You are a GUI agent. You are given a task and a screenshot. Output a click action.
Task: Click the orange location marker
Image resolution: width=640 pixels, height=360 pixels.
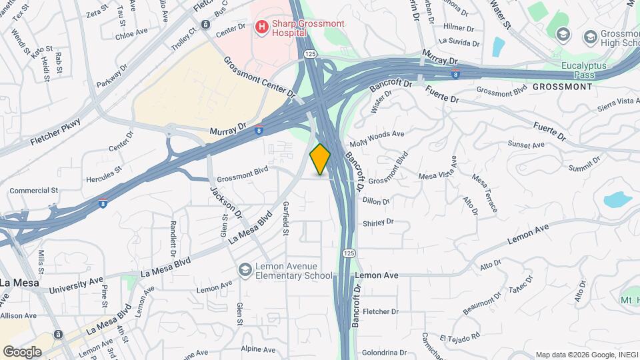(321, 159)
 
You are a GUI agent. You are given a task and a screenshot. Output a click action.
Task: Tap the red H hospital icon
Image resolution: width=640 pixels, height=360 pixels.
(262, 27)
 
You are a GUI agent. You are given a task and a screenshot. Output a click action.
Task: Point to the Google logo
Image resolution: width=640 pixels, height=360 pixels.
(22, 351)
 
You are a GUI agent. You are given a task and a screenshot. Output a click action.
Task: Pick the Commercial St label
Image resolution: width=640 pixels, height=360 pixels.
(34, 191)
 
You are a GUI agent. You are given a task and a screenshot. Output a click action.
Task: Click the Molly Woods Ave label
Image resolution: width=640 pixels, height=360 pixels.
(377, 137)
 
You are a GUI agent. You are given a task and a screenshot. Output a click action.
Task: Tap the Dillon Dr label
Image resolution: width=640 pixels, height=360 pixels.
(376, 200)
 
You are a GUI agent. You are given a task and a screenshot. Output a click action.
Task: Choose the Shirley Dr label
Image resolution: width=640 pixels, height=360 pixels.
(377, 222)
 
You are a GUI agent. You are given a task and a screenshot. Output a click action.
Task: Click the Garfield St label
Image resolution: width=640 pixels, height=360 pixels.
(285, 219)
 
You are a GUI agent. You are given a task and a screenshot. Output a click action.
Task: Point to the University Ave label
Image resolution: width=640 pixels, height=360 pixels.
(77, 285)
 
